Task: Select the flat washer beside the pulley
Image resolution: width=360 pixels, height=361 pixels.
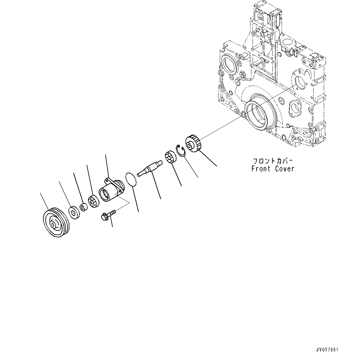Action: click(74, 213)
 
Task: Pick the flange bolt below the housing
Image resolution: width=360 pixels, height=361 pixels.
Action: click(107, 215)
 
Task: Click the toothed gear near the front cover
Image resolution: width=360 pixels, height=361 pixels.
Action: click(193, 144)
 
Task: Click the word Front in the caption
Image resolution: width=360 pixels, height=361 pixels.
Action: click(262, 169)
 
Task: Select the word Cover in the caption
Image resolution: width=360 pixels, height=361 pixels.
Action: click(284, 169)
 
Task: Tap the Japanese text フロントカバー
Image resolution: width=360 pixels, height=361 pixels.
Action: click(273, 161)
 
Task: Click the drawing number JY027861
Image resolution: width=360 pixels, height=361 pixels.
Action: click(327, 350)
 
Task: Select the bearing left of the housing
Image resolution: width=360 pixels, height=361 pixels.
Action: click(93, 202)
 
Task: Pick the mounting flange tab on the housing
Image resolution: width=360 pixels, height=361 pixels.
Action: click(108, 179)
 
